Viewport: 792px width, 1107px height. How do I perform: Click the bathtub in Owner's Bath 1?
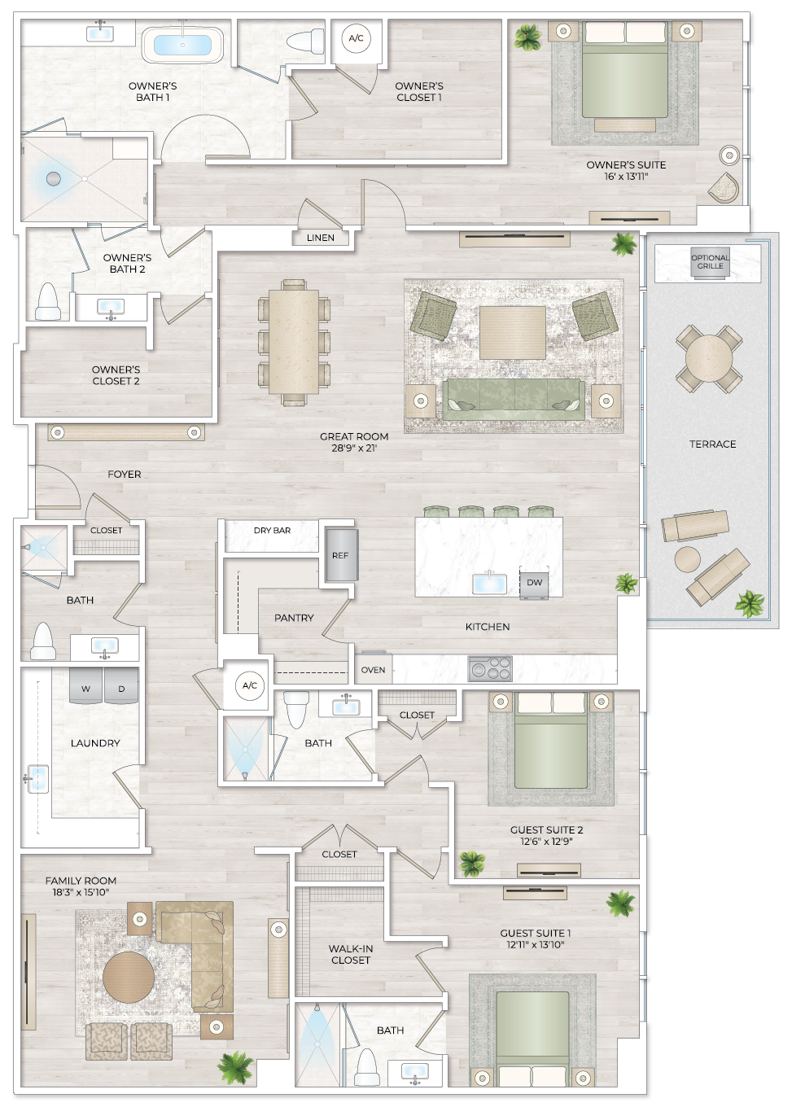click(182, 45)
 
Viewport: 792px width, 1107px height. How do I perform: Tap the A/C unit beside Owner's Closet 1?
click(356, 38)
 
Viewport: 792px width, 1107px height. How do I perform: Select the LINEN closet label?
click(321, 238)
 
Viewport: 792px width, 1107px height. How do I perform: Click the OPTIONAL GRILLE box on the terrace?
click(710, 262)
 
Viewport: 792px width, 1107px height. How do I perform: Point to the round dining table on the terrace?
click(709, 357)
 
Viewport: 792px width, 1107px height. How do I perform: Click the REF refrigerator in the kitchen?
click(340, 555)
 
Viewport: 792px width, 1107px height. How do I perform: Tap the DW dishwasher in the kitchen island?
click(534, 583)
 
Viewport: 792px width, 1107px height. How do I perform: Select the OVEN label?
click(373, 670)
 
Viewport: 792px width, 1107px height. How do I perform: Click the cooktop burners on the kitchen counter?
click(490, 668)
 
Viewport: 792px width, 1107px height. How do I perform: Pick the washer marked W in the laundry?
click(85, 688)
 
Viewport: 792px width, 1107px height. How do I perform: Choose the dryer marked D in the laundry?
click(121, 688)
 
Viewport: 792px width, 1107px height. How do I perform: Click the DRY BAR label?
click(272, 530)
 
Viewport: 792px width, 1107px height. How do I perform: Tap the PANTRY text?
click(294, 618)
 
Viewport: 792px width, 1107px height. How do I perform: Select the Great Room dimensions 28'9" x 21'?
click(354, 448)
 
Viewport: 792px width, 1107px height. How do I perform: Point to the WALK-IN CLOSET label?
click(350, 954)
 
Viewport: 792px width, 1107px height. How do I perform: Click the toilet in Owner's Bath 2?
click(48, 302)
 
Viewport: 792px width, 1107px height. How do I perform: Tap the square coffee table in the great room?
click(512, 332)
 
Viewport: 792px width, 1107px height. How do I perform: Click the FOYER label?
click(125, 474)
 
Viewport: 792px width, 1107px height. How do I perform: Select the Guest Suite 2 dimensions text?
click(546, 842)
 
